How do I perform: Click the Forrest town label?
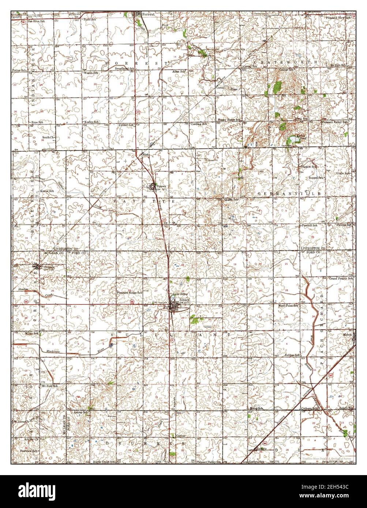pyautogui.click(x=149, y=14)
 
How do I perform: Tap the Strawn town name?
pyautogui.click(x=161, y=186)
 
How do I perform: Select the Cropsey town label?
pyautogui.click(x=49, y=267)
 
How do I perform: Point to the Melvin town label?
pyautogui.click(x=347, y=334)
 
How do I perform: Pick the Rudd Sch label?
pyautogui.click(x=90, y=19)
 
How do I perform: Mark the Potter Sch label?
pyautogui.click(x=19, y=70)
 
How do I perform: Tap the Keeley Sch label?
pyautogui.click(x=92, y=122)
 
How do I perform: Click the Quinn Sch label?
pyautogui.click(x=231, y=200)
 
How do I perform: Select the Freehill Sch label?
pyautogui.click(x=310, y=225)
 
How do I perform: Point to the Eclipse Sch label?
pyautogui.click(x=292, y=355)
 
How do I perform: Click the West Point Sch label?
pyautogui.click(x=288, y=305)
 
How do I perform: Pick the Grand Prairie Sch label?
pyautogui.click(x=341, y=278)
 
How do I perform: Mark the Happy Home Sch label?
pyautogui.click(x=229, y=120)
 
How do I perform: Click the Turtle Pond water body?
pyautogui.click(x=293, y=140)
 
